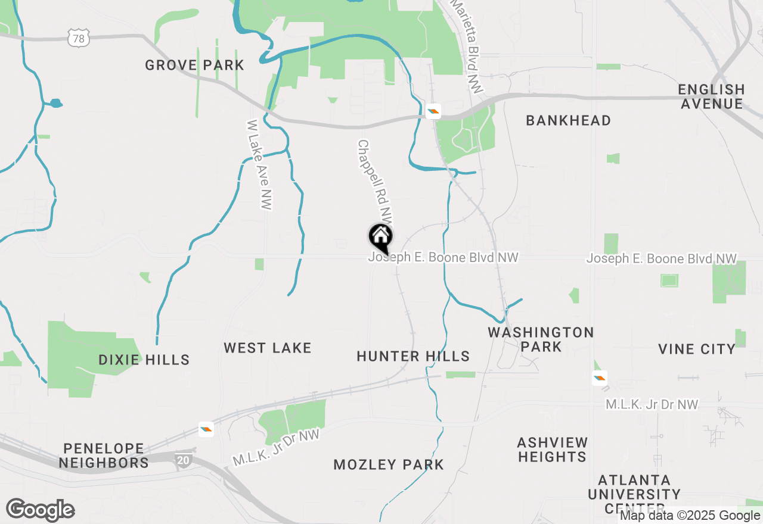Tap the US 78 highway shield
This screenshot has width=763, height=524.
79,39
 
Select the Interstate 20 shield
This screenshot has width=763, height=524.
183,460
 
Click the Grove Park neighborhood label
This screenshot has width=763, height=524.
194,65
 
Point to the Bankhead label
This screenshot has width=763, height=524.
568,120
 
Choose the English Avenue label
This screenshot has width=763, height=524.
711,96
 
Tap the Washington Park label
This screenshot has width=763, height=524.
541,339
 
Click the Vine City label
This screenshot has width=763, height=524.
697,349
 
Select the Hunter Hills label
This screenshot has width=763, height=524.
413,356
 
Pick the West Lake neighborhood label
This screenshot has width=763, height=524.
268,348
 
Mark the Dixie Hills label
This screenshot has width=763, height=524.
144,360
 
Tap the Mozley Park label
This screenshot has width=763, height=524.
389,464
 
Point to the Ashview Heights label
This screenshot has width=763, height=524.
553,450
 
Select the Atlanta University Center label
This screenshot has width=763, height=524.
634,494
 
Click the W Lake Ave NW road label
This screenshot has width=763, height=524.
259,164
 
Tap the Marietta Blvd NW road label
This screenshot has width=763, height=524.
468,45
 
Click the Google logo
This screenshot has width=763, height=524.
40,510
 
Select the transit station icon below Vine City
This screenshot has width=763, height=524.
600,377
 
